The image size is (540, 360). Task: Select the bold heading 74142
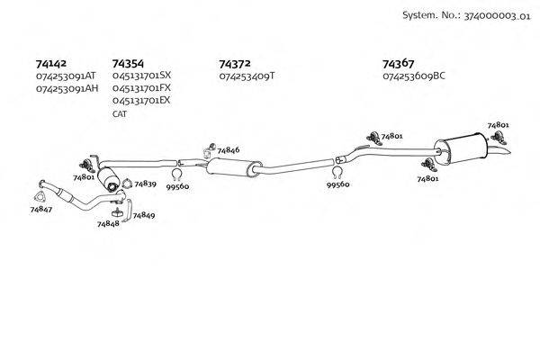[x=50, y=64]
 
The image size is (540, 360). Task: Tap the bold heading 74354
[x=128, y=64]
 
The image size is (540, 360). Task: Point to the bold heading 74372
[x=235, y=64]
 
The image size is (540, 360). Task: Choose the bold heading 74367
[x=399, y=64]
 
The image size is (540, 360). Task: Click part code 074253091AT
[x=66, y=76]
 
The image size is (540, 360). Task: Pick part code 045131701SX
[x=141, y=76]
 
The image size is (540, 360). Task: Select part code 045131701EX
[x=141, y=101]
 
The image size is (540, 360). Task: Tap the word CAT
[x=121, y=114]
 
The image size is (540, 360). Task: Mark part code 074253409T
[x=246, y=76]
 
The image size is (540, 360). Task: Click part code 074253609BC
[x=414, y=76]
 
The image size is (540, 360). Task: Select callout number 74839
[x=145, y=184]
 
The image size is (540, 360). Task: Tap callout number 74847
[x=40, y=209]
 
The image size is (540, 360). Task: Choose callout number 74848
[x=108, y=223]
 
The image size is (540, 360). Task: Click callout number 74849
[x=143, y=216]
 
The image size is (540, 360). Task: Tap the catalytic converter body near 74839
[x=111, y=176]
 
